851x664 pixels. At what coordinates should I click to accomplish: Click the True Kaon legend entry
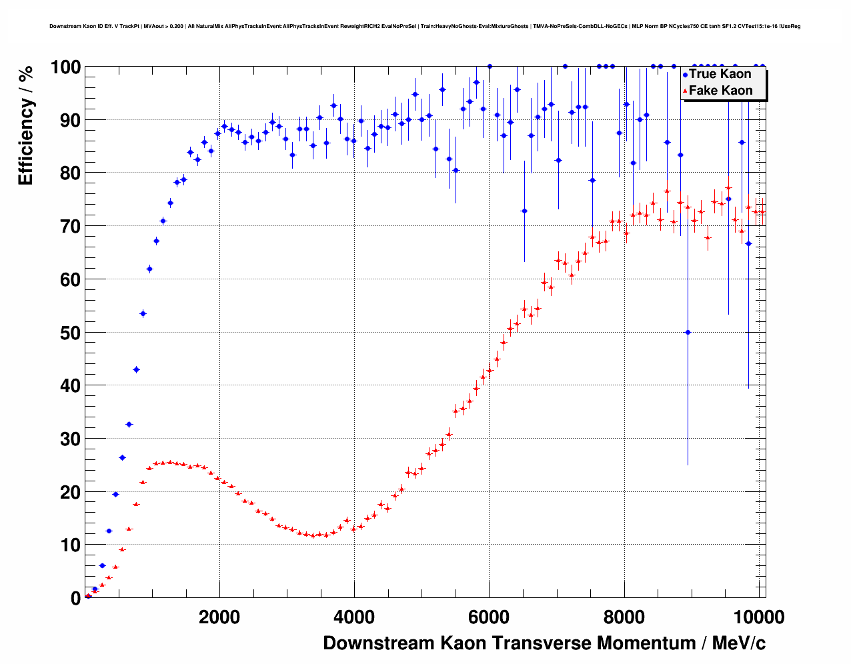point(720,74)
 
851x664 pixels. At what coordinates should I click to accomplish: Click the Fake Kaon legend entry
point(720,91)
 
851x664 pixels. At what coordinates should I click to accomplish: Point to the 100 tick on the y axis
point(65,67)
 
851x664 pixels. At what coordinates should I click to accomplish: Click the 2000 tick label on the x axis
point(219,617)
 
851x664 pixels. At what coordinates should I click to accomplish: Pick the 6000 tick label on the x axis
point(489,617)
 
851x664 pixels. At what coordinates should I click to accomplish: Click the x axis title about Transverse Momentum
point(544,643)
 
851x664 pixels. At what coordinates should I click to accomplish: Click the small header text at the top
point(425,27)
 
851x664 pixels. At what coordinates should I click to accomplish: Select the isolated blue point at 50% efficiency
point(688,332)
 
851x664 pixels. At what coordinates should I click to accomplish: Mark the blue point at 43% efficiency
point(136,369)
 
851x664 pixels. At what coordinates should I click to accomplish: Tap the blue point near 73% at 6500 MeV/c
point(524,211)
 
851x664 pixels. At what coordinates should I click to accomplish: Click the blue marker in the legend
point(685,75)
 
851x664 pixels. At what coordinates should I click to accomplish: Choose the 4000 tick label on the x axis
point(354,617)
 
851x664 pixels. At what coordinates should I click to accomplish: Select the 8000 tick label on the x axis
point(624,617)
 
